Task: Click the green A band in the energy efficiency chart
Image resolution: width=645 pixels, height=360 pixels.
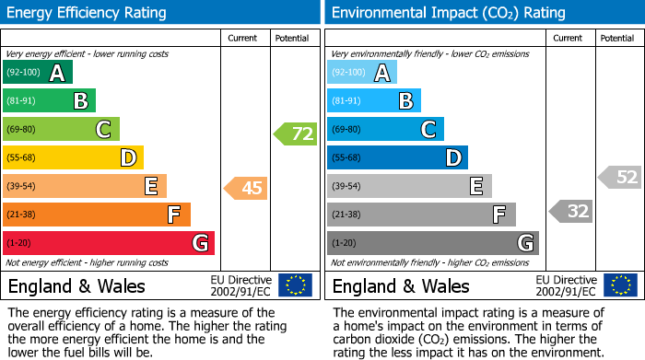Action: pos(37,73)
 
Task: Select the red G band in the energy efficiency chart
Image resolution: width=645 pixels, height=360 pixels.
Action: pos(108,243)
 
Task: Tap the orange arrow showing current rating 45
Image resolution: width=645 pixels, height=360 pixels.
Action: pos(246,189)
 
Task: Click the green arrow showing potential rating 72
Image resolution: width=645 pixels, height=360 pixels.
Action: pos(296,134)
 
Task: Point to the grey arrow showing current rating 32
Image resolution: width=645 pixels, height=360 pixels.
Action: pos(571,212)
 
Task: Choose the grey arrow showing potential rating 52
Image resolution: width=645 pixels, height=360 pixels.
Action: pos(620,177)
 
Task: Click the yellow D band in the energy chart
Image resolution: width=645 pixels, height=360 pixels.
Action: pos(73,157)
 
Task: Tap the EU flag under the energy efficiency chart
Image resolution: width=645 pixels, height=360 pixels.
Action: pos(295,285)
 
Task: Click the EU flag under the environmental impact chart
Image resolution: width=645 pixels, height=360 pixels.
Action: pos(620,285)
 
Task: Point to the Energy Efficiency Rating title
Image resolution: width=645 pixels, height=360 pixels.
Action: pos(88,13)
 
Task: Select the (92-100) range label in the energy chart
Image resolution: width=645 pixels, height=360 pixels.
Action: pos(23,73)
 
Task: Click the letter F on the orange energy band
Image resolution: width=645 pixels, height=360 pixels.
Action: pos(173,215)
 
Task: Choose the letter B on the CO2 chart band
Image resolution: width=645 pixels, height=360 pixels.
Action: pos(405,101)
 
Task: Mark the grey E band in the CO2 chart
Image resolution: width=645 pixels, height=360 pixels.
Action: pos(409,186)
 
